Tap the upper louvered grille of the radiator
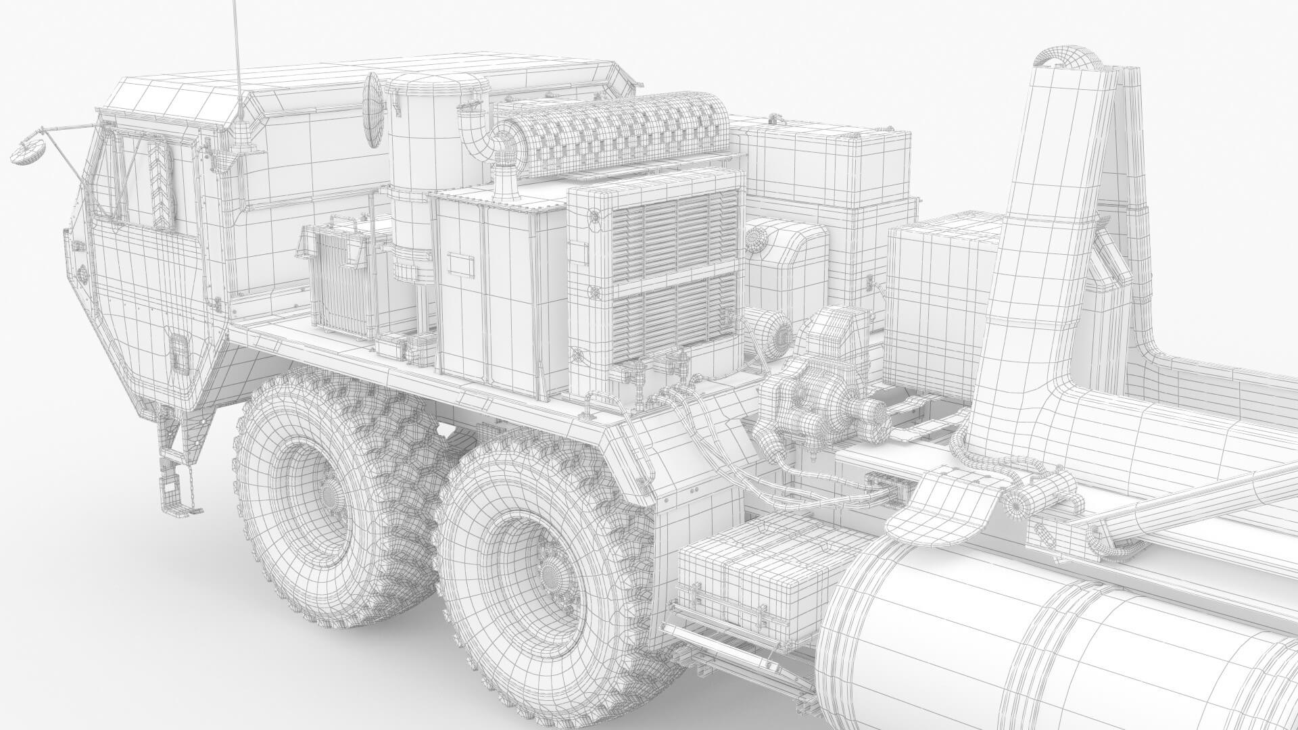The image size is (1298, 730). pyautogui.click(x=673, y=230)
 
